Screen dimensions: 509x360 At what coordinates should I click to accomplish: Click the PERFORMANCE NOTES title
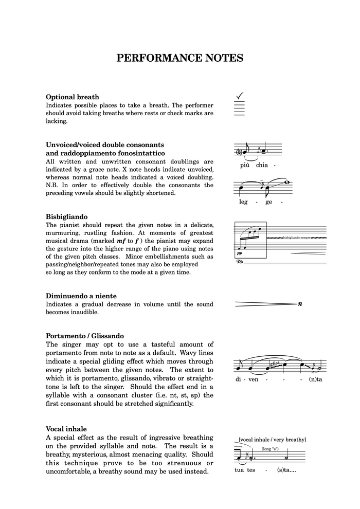tap(179, 58)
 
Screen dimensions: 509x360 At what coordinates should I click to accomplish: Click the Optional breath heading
tap(73, 97)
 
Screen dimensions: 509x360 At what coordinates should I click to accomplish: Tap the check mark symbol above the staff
tap(239, 96)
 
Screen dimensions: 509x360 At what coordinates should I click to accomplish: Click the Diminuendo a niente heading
tap(81, 296)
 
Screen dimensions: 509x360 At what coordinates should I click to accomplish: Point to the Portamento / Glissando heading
tap(85, 336)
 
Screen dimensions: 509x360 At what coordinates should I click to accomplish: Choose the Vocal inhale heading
tap(66, 429)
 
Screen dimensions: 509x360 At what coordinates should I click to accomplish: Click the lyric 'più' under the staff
tap(245, 166)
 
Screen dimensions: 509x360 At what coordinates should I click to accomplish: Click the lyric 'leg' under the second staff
tap(243, 202)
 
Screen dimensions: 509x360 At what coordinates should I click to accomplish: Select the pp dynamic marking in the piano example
tap(240, 253)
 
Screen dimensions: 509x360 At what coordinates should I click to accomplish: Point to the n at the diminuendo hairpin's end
tap(300, 304)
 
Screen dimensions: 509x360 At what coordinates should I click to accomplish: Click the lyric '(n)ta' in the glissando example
tap(315, 379)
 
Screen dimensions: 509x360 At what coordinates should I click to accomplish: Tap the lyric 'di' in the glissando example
tap(239, 379)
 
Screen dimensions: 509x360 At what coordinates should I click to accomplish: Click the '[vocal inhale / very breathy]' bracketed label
tap(272, 440)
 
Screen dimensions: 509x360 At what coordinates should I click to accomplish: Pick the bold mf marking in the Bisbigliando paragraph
tap(121, 241)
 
